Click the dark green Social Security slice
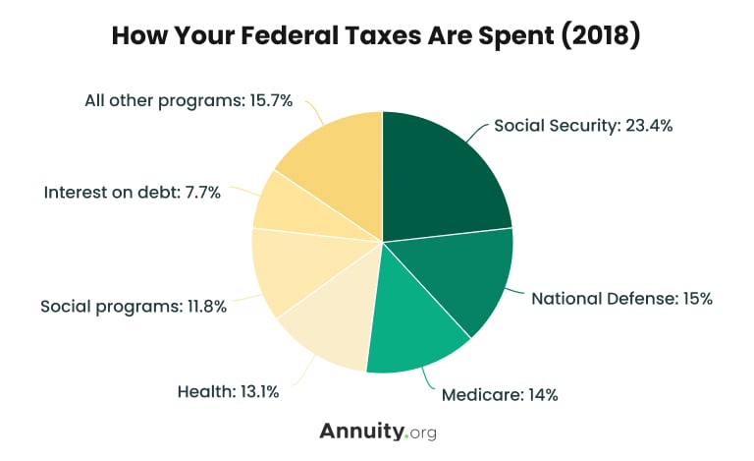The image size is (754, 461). pyautogui.click(x=442, y=177)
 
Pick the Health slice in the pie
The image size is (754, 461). pyautogui.click(x=329, y=329)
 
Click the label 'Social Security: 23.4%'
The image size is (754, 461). pyautogui.click(x=582, y=126)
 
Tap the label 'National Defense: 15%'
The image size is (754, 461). pyautogui.click(x=620, y=298)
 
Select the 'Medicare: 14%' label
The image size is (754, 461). pyautogui.click(x=500, y=395)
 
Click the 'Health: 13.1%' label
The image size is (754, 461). pyautogui.click(x=228, y=391)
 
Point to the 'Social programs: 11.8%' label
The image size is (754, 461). pyautogui.click(x=134, y=306)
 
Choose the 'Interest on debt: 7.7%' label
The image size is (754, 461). pyautogui.click(x=132, y=193)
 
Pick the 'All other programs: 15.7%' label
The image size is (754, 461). pyautogui.click(x=188, y=101)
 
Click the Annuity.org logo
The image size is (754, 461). pyautogui.click(x=377, y=432)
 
